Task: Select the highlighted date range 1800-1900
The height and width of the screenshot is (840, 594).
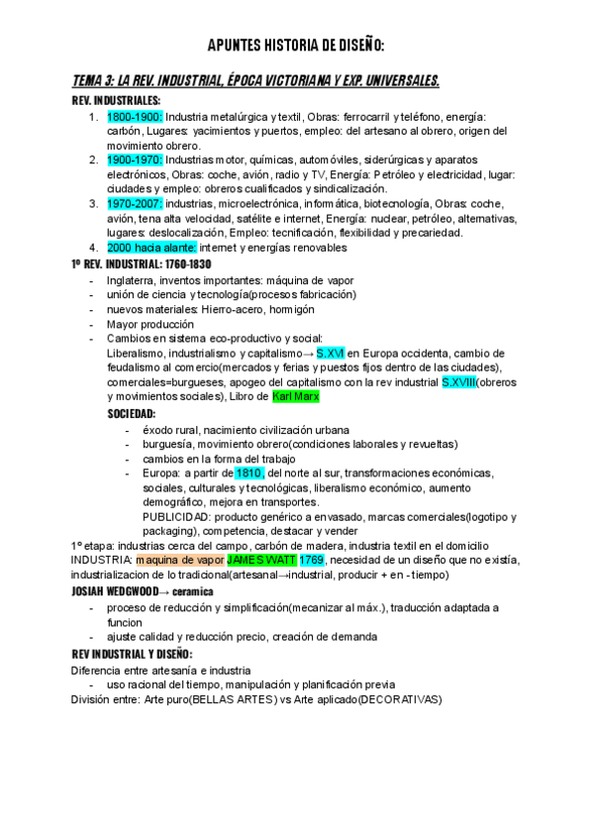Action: tap(135, 117)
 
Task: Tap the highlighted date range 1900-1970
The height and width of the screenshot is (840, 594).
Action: tap(135, 159)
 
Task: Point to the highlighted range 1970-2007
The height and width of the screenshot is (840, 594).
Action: tap(135, 203)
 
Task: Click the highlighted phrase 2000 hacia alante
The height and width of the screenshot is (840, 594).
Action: tap(152, 247)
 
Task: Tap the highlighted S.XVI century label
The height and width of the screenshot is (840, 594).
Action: tap(331, 353)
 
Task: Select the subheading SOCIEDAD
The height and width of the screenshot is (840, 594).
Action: tap(132, 413)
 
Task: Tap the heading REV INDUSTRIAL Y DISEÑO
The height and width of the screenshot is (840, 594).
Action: tap(133, 655)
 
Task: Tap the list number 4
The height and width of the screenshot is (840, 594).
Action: tap(92, 247)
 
